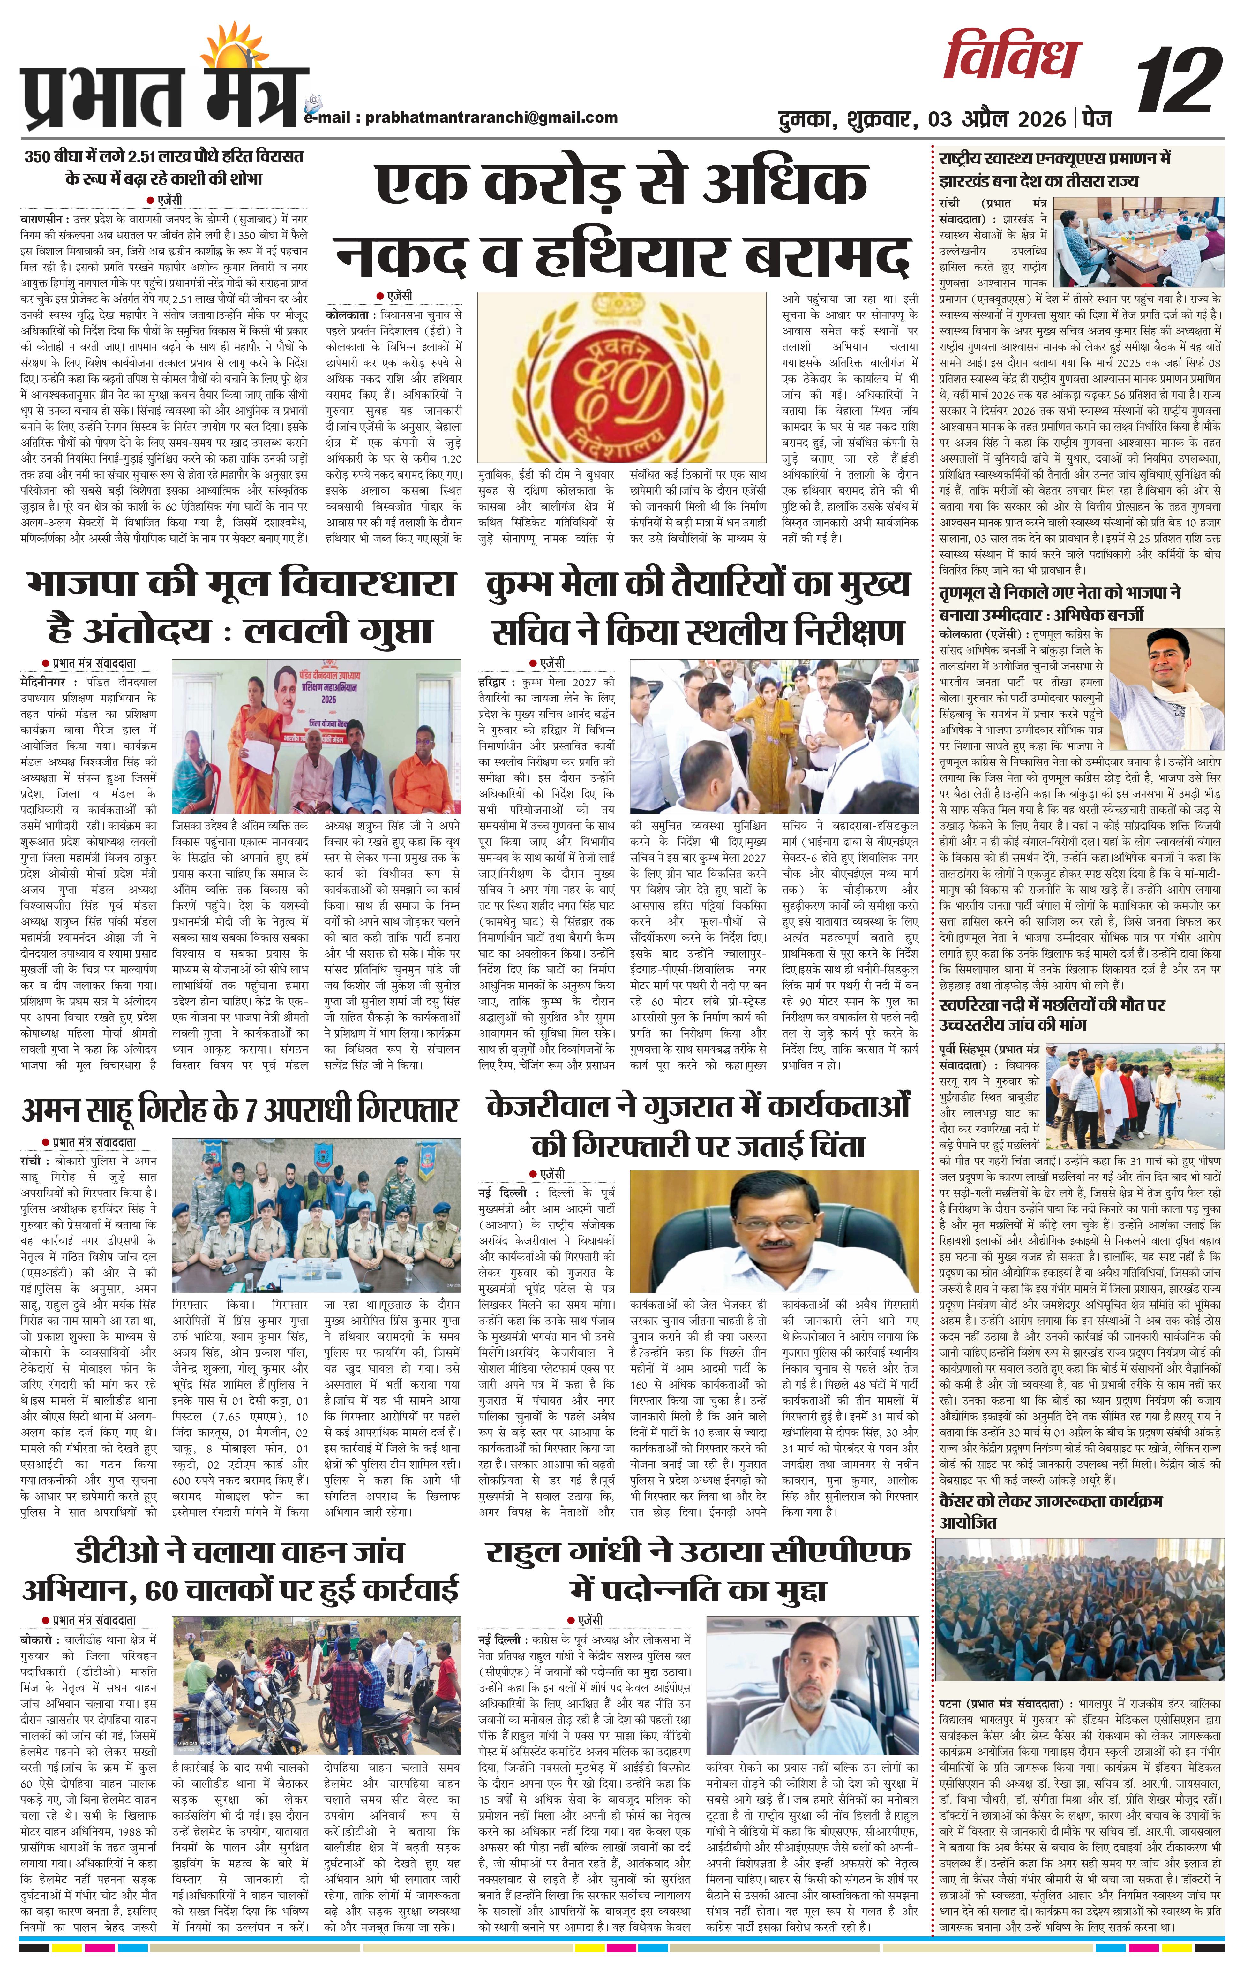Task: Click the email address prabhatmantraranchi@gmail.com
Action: [x=490, y=117]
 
